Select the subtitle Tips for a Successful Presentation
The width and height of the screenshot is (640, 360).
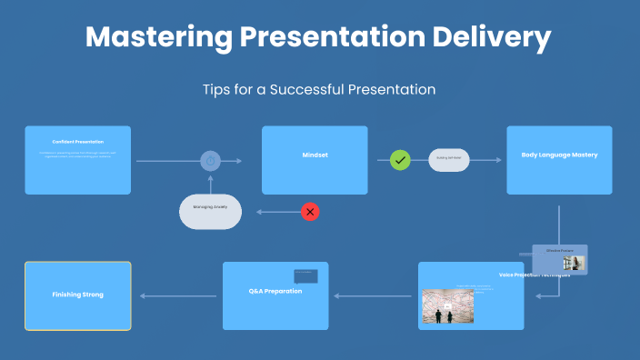click(x=319, y=90)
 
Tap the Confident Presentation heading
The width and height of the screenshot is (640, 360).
click(x=77, y=142)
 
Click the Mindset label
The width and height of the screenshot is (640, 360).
click(x=315, y=155)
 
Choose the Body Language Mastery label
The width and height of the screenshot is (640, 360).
click(x=559, y=155)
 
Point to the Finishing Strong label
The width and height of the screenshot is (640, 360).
click(x=77, y=295)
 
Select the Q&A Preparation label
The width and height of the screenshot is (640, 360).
click(x=275, y=291)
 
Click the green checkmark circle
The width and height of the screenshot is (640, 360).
click(x=400, y=160)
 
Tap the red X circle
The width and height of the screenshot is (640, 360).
click(x=310, y=212)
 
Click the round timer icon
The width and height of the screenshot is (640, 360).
click(x=211, y=161)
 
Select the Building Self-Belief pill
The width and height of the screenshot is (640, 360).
click(x=449, y=159)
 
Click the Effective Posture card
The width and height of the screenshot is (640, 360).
click(x=560, y=259)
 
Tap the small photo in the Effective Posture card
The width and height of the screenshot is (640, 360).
click(x=574, y=264)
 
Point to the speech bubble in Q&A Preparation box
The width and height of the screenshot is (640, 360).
click(x=305, y=275)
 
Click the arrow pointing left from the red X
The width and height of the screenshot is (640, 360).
click(x=277, y=212)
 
